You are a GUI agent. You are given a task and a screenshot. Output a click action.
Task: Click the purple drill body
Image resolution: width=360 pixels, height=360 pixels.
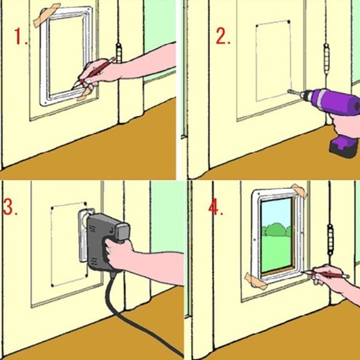[x=333, y=101]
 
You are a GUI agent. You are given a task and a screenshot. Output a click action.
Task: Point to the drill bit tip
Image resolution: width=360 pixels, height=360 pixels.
[x=289, y=91]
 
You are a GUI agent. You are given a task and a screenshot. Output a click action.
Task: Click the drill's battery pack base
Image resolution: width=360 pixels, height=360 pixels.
[x=343, y=146]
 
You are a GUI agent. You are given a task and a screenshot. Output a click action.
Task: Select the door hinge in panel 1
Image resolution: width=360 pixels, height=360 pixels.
[x=118, y=53]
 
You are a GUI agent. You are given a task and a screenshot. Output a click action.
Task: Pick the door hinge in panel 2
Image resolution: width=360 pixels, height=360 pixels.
[x=327, y=59]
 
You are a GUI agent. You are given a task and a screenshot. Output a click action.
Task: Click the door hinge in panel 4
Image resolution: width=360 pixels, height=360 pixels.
[x=330, y=240]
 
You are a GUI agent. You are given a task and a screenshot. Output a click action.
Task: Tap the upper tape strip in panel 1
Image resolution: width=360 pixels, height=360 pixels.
[x=46, y=15]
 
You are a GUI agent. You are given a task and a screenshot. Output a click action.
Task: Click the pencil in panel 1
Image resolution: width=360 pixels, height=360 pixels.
[x=94, y=73]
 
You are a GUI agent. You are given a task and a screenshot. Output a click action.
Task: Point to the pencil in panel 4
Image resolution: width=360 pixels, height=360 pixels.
[x=326, y=274]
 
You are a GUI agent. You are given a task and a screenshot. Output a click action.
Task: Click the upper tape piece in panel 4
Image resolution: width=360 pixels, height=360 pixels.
[x=299, y=190]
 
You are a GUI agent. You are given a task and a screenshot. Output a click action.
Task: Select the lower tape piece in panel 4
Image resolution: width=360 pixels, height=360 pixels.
[x=256, y=281]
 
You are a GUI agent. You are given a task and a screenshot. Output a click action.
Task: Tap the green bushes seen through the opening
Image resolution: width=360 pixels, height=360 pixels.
[x=276, y=230]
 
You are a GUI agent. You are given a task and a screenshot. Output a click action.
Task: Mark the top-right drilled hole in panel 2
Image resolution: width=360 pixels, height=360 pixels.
[x=289, y=22]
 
